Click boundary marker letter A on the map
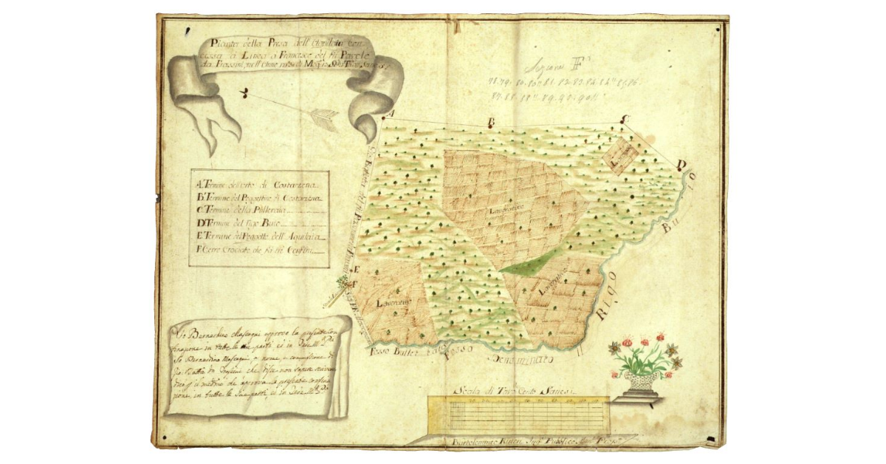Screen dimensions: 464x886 pos(392,113)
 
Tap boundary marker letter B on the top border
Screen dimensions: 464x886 pos(490,122)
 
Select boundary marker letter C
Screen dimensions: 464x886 pos(624,118)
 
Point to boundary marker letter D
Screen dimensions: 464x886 pos(681,166)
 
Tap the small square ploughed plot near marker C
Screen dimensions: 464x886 pos(619,154)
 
